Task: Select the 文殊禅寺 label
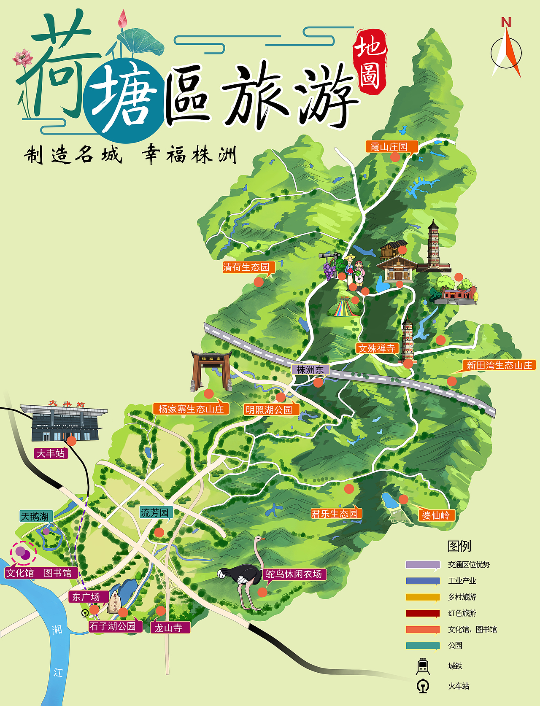(377, 348)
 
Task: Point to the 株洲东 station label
(310, 370)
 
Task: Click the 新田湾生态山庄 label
(499, 365)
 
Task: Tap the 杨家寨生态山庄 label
(191, 409)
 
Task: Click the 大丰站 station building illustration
(64, 422)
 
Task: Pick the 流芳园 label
(155, 513)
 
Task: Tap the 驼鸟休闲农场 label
(294, 574)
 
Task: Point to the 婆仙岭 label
(436, 515)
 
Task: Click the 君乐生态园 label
(335, 514)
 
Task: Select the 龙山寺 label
(169, 628)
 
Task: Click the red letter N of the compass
(506, 22)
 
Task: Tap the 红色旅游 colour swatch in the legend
(423, 613)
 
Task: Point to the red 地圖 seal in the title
(370, 61)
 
